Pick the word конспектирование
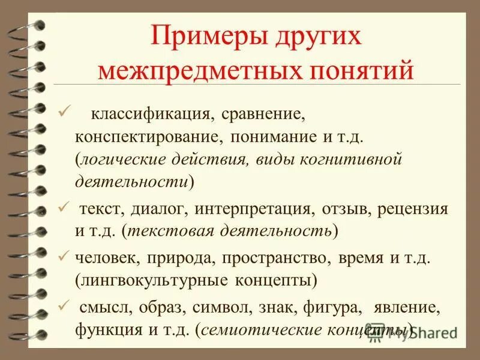tap(146, 136)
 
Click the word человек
tap(107, 257)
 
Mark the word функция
tap(106, 329)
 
